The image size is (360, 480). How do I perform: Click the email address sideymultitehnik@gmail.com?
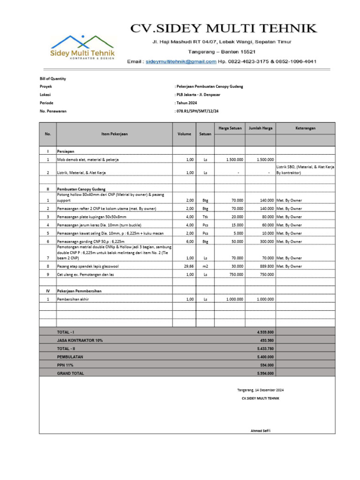click(x=181, y=61)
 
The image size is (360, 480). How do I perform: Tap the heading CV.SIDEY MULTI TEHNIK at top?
click(x=223, y=29)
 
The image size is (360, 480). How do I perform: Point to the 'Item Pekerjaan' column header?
click(x=114, y=134)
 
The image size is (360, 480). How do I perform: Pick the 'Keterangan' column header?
click(x=305, y=128)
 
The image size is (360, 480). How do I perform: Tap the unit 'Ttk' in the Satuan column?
click(x=205, y=217)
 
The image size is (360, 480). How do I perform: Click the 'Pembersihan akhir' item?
click(x=73, y=299)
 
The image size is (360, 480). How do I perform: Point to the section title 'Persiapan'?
click(x=66, y=152)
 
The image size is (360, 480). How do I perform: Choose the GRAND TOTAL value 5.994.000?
click(x=265, y=373)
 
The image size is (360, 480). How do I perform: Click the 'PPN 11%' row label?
click(x=65, y=365)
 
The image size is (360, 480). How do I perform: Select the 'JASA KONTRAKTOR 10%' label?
click(x=80, y=340)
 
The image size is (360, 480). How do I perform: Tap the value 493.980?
click(x=267, y=340)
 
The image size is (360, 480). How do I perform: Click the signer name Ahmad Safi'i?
click(x=260, y=431)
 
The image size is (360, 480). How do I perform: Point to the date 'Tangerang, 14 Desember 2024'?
click(x=260, y=390)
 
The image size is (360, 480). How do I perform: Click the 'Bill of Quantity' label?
click(x=52, y=79)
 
